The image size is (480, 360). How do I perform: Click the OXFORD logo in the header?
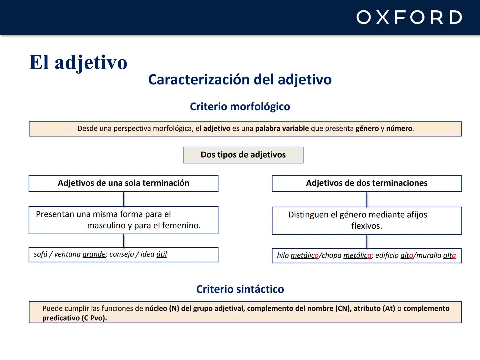409,17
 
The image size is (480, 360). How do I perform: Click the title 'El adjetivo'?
78,62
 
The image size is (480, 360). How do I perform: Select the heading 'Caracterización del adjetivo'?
240,80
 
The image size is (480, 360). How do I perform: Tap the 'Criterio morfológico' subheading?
240,107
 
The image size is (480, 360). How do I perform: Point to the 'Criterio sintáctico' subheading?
240,289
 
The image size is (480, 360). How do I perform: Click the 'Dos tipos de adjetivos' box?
243,155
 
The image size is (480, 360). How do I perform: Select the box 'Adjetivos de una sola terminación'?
123,183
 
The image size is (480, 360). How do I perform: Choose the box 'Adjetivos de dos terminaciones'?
366,183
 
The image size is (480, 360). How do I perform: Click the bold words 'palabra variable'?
282,129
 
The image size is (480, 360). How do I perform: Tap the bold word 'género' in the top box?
367,129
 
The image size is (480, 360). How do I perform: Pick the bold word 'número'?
399,129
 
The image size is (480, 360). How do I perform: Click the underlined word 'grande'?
94,254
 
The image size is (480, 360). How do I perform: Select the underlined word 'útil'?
162,254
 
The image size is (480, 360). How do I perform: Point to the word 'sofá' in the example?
41,254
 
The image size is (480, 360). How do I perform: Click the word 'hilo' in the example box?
283,256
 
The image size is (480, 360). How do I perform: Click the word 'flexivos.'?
366,226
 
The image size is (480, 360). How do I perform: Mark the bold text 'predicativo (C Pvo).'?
74,318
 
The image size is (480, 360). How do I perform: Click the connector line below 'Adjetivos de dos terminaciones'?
367,199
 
